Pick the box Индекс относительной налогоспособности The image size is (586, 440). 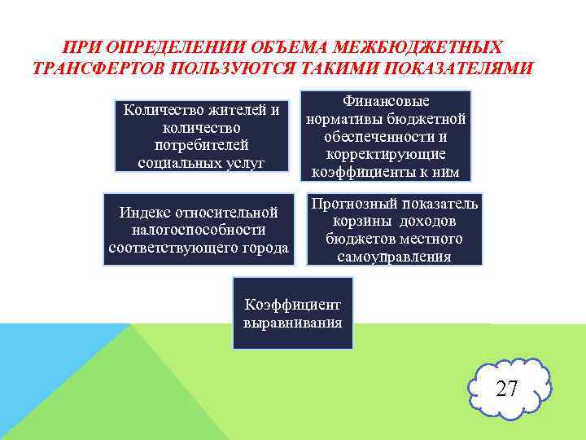tap(199, 230)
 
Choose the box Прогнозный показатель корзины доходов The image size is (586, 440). tap(394, 230)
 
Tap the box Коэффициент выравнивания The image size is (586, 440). tap(293, 313)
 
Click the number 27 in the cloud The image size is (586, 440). tap(507, 389)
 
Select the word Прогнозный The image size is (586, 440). tap(351, 204)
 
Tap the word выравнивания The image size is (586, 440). tap(293, 322)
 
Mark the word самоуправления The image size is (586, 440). tap(394, 257)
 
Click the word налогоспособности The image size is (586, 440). tap(199, 231)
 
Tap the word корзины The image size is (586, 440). tap(357, 222)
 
